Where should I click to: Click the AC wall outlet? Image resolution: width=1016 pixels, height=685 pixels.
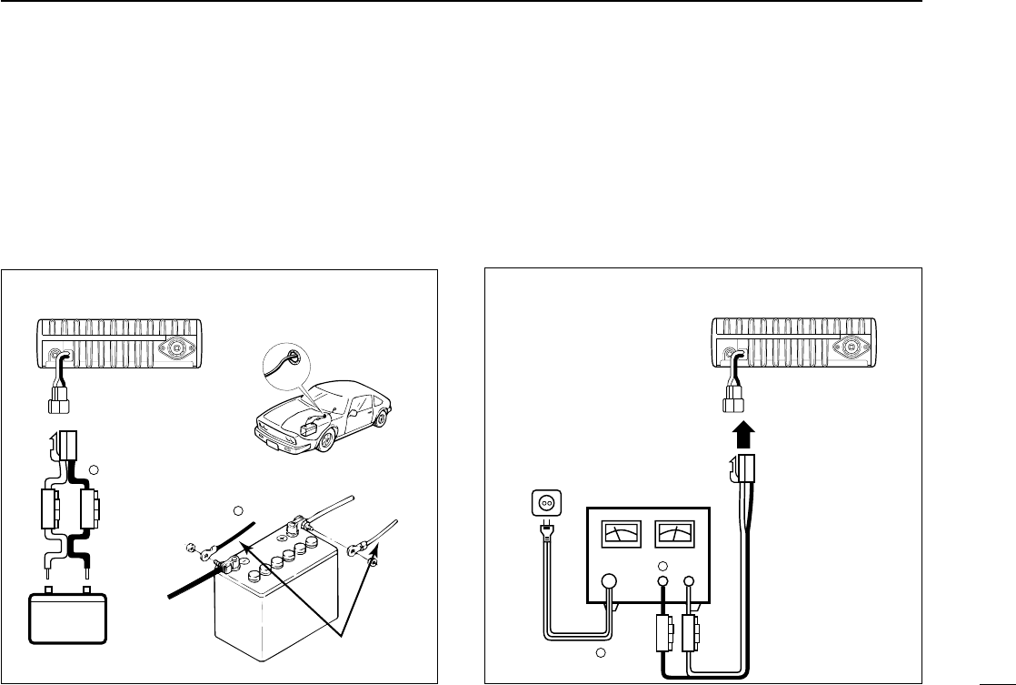(x=543, y=503)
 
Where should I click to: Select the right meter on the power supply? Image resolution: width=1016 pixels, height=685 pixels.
(x=673, y=533)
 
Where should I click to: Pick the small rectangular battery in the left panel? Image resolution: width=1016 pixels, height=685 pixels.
(x=68, y=620)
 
